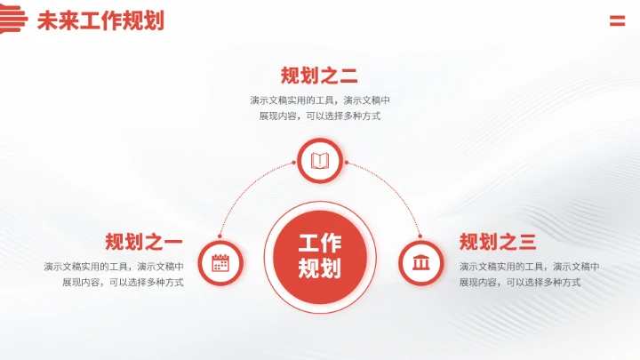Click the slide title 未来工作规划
coord(100,21)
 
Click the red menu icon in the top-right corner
coord(617,21)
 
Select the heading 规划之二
coord(319,76)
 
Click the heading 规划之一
coord(144,242)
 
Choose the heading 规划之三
coord(498,242)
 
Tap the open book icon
coord(319,161)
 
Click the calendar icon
coord(220,263)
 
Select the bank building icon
coord(420,263)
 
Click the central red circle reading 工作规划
coord(319,256)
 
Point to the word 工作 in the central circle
coord(319,243)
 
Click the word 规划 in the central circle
coord(319,268)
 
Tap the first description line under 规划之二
coord(319,100)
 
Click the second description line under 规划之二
coord(319,116)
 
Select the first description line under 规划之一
coord(114,267)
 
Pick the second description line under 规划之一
coord(123,283)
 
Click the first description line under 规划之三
coord(529,267)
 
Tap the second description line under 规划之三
coord(520,283)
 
